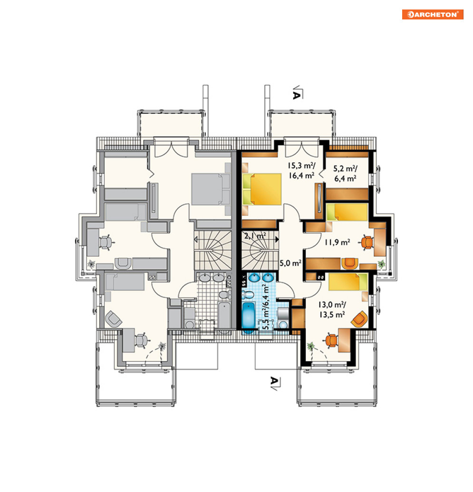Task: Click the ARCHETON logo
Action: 433,14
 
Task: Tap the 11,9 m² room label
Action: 337,242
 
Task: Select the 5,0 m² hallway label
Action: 290,263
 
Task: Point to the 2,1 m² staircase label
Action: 255,235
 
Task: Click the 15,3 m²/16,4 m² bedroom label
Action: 301,170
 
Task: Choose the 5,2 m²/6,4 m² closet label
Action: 345,174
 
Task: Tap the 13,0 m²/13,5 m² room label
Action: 332,309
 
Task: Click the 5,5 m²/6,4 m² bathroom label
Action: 266,307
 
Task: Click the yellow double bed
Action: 261,189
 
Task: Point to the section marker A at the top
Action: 297,94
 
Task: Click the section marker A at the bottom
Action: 275,383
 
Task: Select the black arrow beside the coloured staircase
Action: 277,240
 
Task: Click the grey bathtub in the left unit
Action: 224,316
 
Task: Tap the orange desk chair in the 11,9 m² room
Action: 367,242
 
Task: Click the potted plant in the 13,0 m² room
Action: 311,346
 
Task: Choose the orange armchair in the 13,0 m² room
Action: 359,319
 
